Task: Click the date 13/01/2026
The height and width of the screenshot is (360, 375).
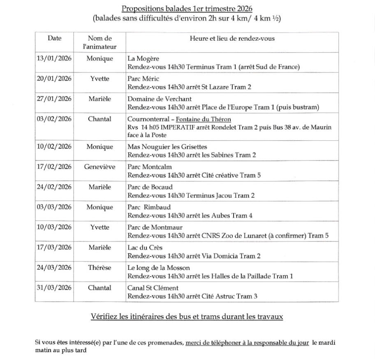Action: [54, 58]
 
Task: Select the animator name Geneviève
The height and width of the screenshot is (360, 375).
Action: [100, 167]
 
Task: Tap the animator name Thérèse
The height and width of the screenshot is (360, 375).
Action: [100, 268]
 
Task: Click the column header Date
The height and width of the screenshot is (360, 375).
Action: [54, 38]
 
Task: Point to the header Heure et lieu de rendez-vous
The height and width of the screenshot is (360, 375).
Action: [232, 38]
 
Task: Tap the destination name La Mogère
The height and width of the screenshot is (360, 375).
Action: [143, 58]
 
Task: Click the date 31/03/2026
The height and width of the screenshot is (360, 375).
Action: [54, 288]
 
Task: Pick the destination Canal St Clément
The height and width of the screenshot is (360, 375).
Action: [153, 288]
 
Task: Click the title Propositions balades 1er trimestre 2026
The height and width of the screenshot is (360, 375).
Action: [187, 9]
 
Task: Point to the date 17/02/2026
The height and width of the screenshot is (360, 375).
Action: [54, 167]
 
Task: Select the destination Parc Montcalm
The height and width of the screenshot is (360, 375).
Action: [150, 167]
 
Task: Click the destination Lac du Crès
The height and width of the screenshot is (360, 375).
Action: [145, 248]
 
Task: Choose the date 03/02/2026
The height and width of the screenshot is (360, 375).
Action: [54, 119]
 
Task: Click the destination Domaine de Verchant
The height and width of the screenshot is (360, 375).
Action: [160, 99]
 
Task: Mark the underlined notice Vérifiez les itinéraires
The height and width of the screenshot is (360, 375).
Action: [187, 317]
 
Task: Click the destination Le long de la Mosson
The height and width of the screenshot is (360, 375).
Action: [158, 268]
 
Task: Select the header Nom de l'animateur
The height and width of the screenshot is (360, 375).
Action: [100, 42]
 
